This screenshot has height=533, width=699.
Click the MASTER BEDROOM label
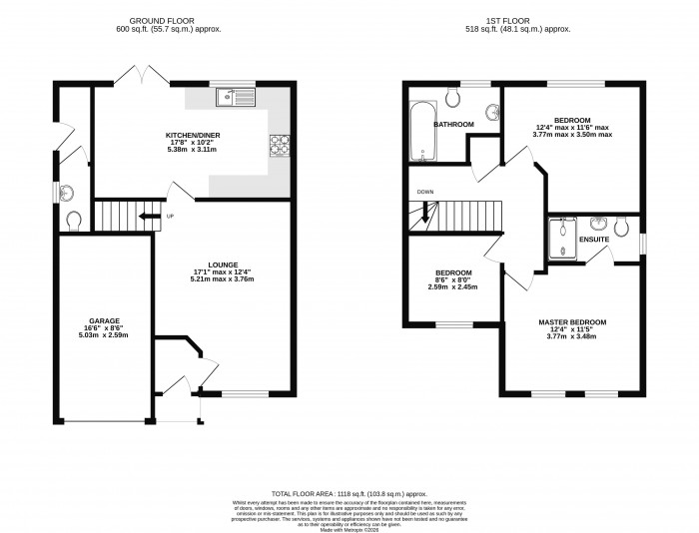coord(572,322)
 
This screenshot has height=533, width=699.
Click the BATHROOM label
coord(452,125)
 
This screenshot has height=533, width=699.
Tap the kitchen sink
coord(237,97)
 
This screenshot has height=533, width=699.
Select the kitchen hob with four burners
coord(279,145)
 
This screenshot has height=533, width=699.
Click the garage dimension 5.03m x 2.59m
coord(104,336)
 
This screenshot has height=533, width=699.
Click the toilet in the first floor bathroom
coord(453,95)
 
